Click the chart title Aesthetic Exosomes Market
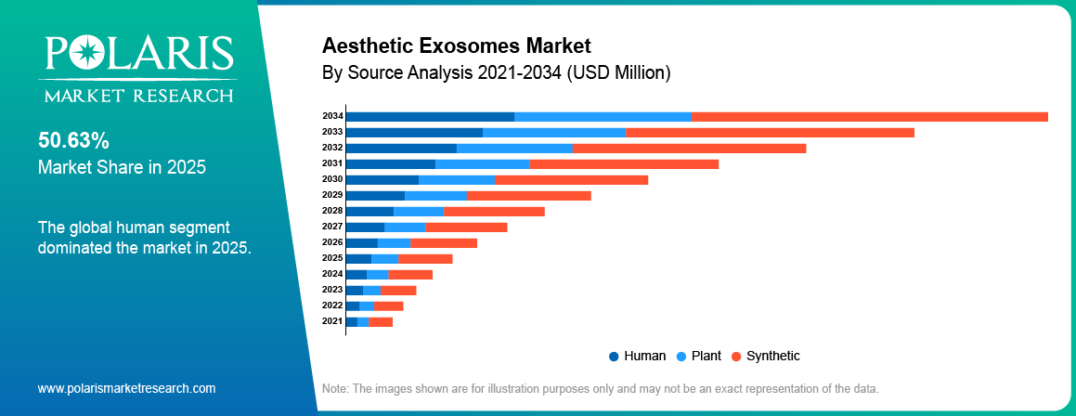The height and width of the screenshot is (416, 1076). (x=456, y=45)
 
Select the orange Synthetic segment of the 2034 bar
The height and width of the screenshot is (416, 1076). (x=870, y=116)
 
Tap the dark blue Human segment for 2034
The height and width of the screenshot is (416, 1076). (x=430, y=116)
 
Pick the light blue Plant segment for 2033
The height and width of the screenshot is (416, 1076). (x=554, y=132)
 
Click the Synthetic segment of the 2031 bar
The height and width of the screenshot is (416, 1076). (x=624, y=163)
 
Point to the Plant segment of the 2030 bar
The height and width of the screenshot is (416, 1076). (x=457, y=179)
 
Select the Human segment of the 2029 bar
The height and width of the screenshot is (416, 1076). (x=375, y=195)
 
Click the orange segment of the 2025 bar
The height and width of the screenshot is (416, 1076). (x=425, y=257)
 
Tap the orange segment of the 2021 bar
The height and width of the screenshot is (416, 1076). (x=381, y=321)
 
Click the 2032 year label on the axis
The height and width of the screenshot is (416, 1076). (x=332, y=148)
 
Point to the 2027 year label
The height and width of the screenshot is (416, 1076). (x=332, y=227)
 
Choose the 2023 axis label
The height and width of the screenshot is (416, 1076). (x=332, y=290)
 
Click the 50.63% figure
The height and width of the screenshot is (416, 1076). (x=73, y=141)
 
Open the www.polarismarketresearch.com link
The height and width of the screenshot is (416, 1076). (x=126, y=388)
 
